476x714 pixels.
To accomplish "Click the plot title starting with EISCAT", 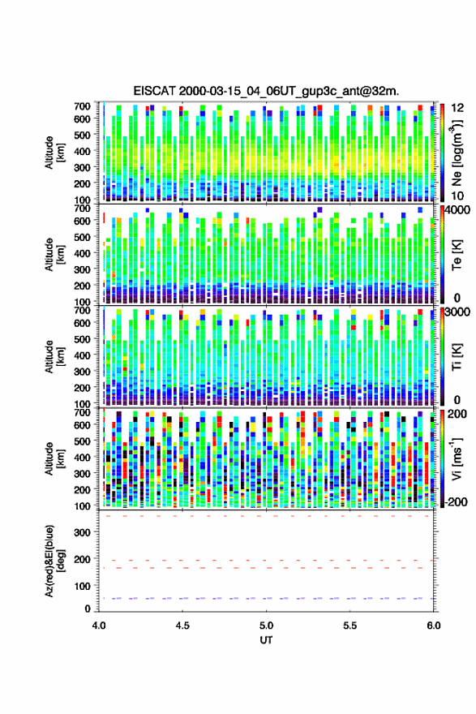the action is (x=266, y=91).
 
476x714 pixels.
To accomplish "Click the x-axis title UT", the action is (x=266, y=640).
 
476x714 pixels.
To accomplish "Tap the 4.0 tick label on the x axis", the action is (x=99, y=626).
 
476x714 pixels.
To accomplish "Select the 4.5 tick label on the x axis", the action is (x=182, y=626).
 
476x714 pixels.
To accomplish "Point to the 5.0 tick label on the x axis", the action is (x=266, y=626).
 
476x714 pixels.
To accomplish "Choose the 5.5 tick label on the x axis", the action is (x=350, y=626).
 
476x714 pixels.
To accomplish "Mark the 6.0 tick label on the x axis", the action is (x=434, y=626).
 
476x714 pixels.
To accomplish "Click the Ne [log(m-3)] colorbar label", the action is (x=457, y=153).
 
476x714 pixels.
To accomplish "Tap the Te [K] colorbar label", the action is (x=457, y=256).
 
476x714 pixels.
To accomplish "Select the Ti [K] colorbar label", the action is (x=457, y=357).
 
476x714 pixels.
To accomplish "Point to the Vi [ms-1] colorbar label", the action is (x=457, y=458).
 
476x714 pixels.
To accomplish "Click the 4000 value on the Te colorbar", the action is (x=458, y=210).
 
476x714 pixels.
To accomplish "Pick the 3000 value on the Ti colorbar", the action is (x=458, y=312).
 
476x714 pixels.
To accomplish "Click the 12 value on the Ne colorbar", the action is (x=458, y=108).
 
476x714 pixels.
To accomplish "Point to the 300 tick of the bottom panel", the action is (x=83, y=532).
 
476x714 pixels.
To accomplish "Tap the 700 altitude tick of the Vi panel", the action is (x=83, y=412).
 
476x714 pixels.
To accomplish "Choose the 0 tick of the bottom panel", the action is (x=88, y=609).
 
